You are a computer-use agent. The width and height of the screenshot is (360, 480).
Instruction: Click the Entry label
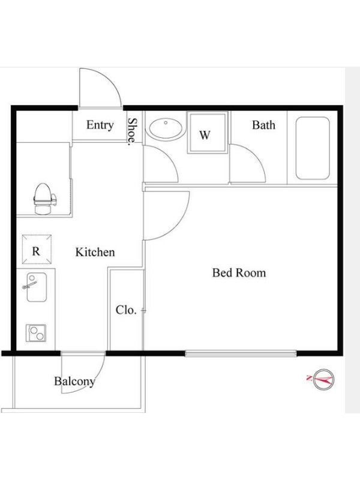100,125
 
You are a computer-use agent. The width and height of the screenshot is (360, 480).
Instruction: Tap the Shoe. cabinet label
132,131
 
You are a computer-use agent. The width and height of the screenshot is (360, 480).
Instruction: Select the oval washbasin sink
166,128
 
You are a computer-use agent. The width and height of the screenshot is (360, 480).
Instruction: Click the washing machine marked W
208,132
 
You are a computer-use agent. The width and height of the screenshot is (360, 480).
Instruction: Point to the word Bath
263,125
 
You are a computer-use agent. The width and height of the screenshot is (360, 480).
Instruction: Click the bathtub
313,148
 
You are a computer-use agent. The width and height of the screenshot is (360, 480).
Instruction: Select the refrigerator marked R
37,249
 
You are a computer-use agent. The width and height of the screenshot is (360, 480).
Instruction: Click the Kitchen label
95,252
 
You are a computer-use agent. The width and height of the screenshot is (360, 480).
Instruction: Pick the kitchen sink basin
37,287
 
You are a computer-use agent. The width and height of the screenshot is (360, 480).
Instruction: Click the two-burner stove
36,333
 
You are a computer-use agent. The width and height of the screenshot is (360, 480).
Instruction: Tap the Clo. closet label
126,310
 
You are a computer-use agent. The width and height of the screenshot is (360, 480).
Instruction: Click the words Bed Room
239,272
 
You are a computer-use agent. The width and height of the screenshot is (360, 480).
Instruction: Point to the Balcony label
74,382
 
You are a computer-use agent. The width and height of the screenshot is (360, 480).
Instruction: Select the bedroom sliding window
241,353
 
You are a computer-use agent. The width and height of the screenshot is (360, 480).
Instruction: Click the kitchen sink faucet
29,284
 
